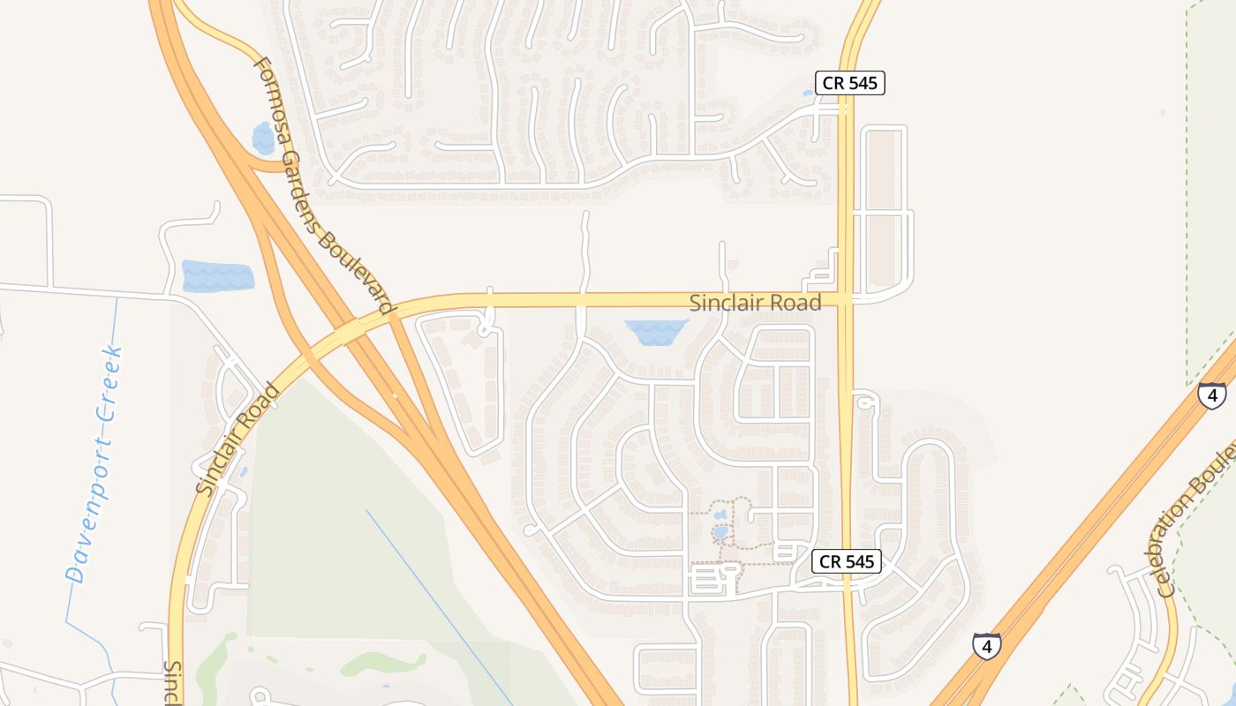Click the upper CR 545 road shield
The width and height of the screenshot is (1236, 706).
(x=849, y=83)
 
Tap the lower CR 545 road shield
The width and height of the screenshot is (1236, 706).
(x=846, y=561)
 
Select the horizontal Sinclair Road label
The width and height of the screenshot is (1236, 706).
(x=755, y=303)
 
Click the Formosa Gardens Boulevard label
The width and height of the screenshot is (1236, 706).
(x=322, y=185)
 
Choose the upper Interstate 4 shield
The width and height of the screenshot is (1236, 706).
(x=1211, y=394)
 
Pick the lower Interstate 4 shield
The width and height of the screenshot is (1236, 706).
(x=986, y=646)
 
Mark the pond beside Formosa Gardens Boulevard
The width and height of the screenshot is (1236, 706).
(x=263, y=139)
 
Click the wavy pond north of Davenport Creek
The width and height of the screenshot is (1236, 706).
(x=217, y=276)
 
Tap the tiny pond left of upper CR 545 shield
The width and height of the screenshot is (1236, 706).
(x=808, y=93)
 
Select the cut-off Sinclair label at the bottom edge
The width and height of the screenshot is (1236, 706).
(x=173, y=684)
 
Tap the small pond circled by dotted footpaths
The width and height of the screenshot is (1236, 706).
(x=721, y=532)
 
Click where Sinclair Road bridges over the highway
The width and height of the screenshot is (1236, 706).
(x=353, y=331)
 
